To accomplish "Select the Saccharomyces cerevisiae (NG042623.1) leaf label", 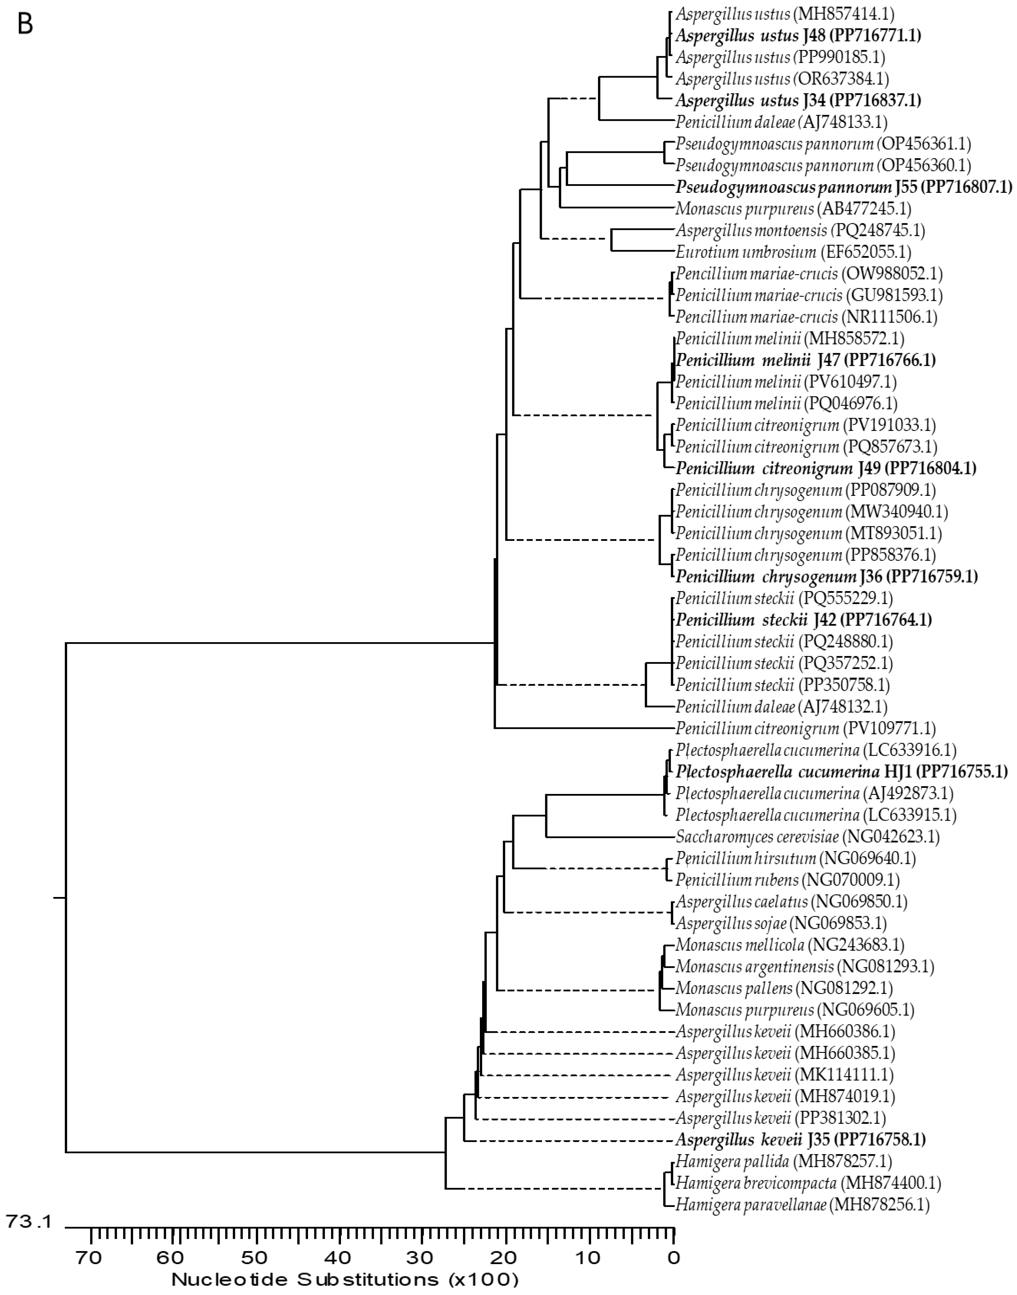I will pos(807,837).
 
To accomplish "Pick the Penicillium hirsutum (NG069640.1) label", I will pos(796,858).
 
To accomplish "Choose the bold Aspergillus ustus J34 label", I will pos(798,101).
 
